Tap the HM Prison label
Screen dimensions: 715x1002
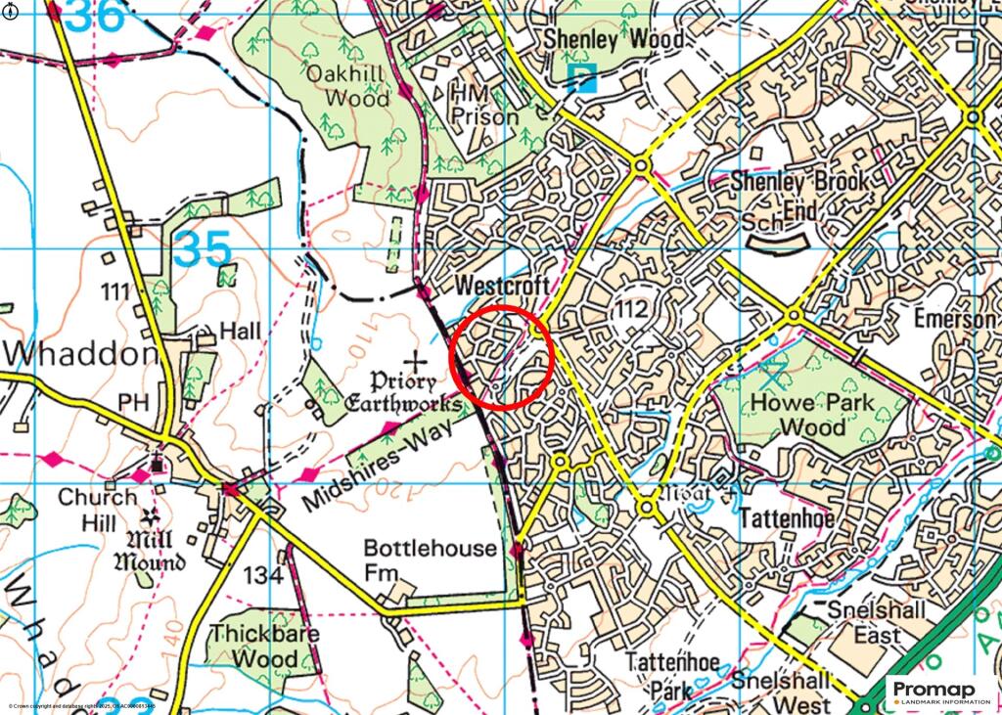[x=483, y=105]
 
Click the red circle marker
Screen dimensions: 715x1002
[x=502, y=356]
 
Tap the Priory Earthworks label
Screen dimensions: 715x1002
[x=402, y=392]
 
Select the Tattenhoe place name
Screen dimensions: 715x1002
[x=787, y=517]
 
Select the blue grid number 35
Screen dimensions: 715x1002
[x=204, y=251]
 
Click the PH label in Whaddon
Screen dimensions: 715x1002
[x=130, y=402]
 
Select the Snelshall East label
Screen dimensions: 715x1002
[x=864, y=622]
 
